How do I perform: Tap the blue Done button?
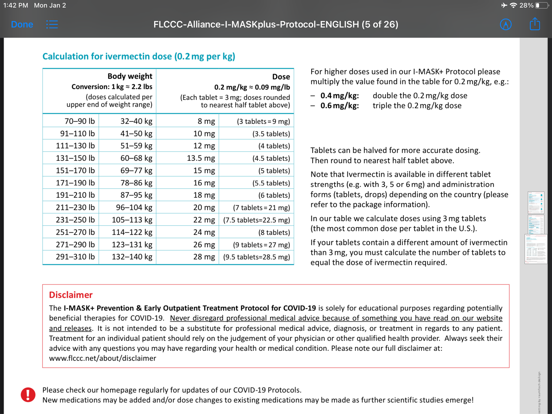click(x=22, y=25)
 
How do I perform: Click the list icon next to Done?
click(x=52, y=25)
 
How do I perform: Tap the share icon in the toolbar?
click(x=535, y=24)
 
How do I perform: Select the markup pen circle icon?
click(x=506, y=25)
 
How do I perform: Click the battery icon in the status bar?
click(x=542, y=5)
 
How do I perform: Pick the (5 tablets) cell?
click(x=274, y=171)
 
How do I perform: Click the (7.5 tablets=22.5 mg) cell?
click(x=256, y=220)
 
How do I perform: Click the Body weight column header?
click(x=130, y=76)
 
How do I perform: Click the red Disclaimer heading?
click(x=71, y=295)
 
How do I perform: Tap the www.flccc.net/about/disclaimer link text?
click(x=102, y=358)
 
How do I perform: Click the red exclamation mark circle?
click(x=28, y=395)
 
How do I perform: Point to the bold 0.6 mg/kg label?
click(x=340, y=106)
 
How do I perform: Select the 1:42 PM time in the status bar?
click(x=16, y=5)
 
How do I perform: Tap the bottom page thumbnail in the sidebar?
click(x=536, y=249)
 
